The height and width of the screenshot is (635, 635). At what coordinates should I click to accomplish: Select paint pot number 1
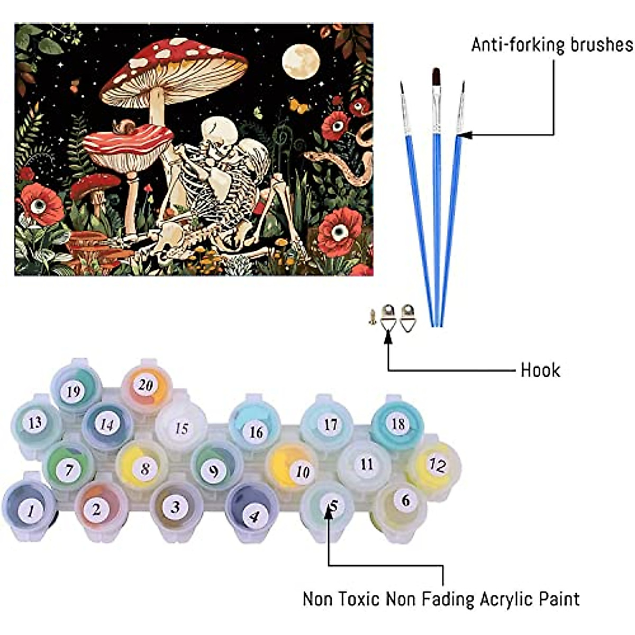point(30,510)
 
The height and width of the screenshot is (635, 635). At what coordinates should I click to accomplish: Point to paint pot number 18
point(398,424)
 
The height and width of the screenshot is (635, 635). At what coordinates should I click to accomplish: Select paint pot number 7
point(69,469)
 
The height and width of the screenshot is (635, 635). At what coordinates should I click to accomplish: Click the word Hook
point(540,370)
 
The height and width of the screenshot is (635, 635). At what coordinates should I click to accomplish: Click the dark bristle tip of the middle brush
point(436,77)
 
